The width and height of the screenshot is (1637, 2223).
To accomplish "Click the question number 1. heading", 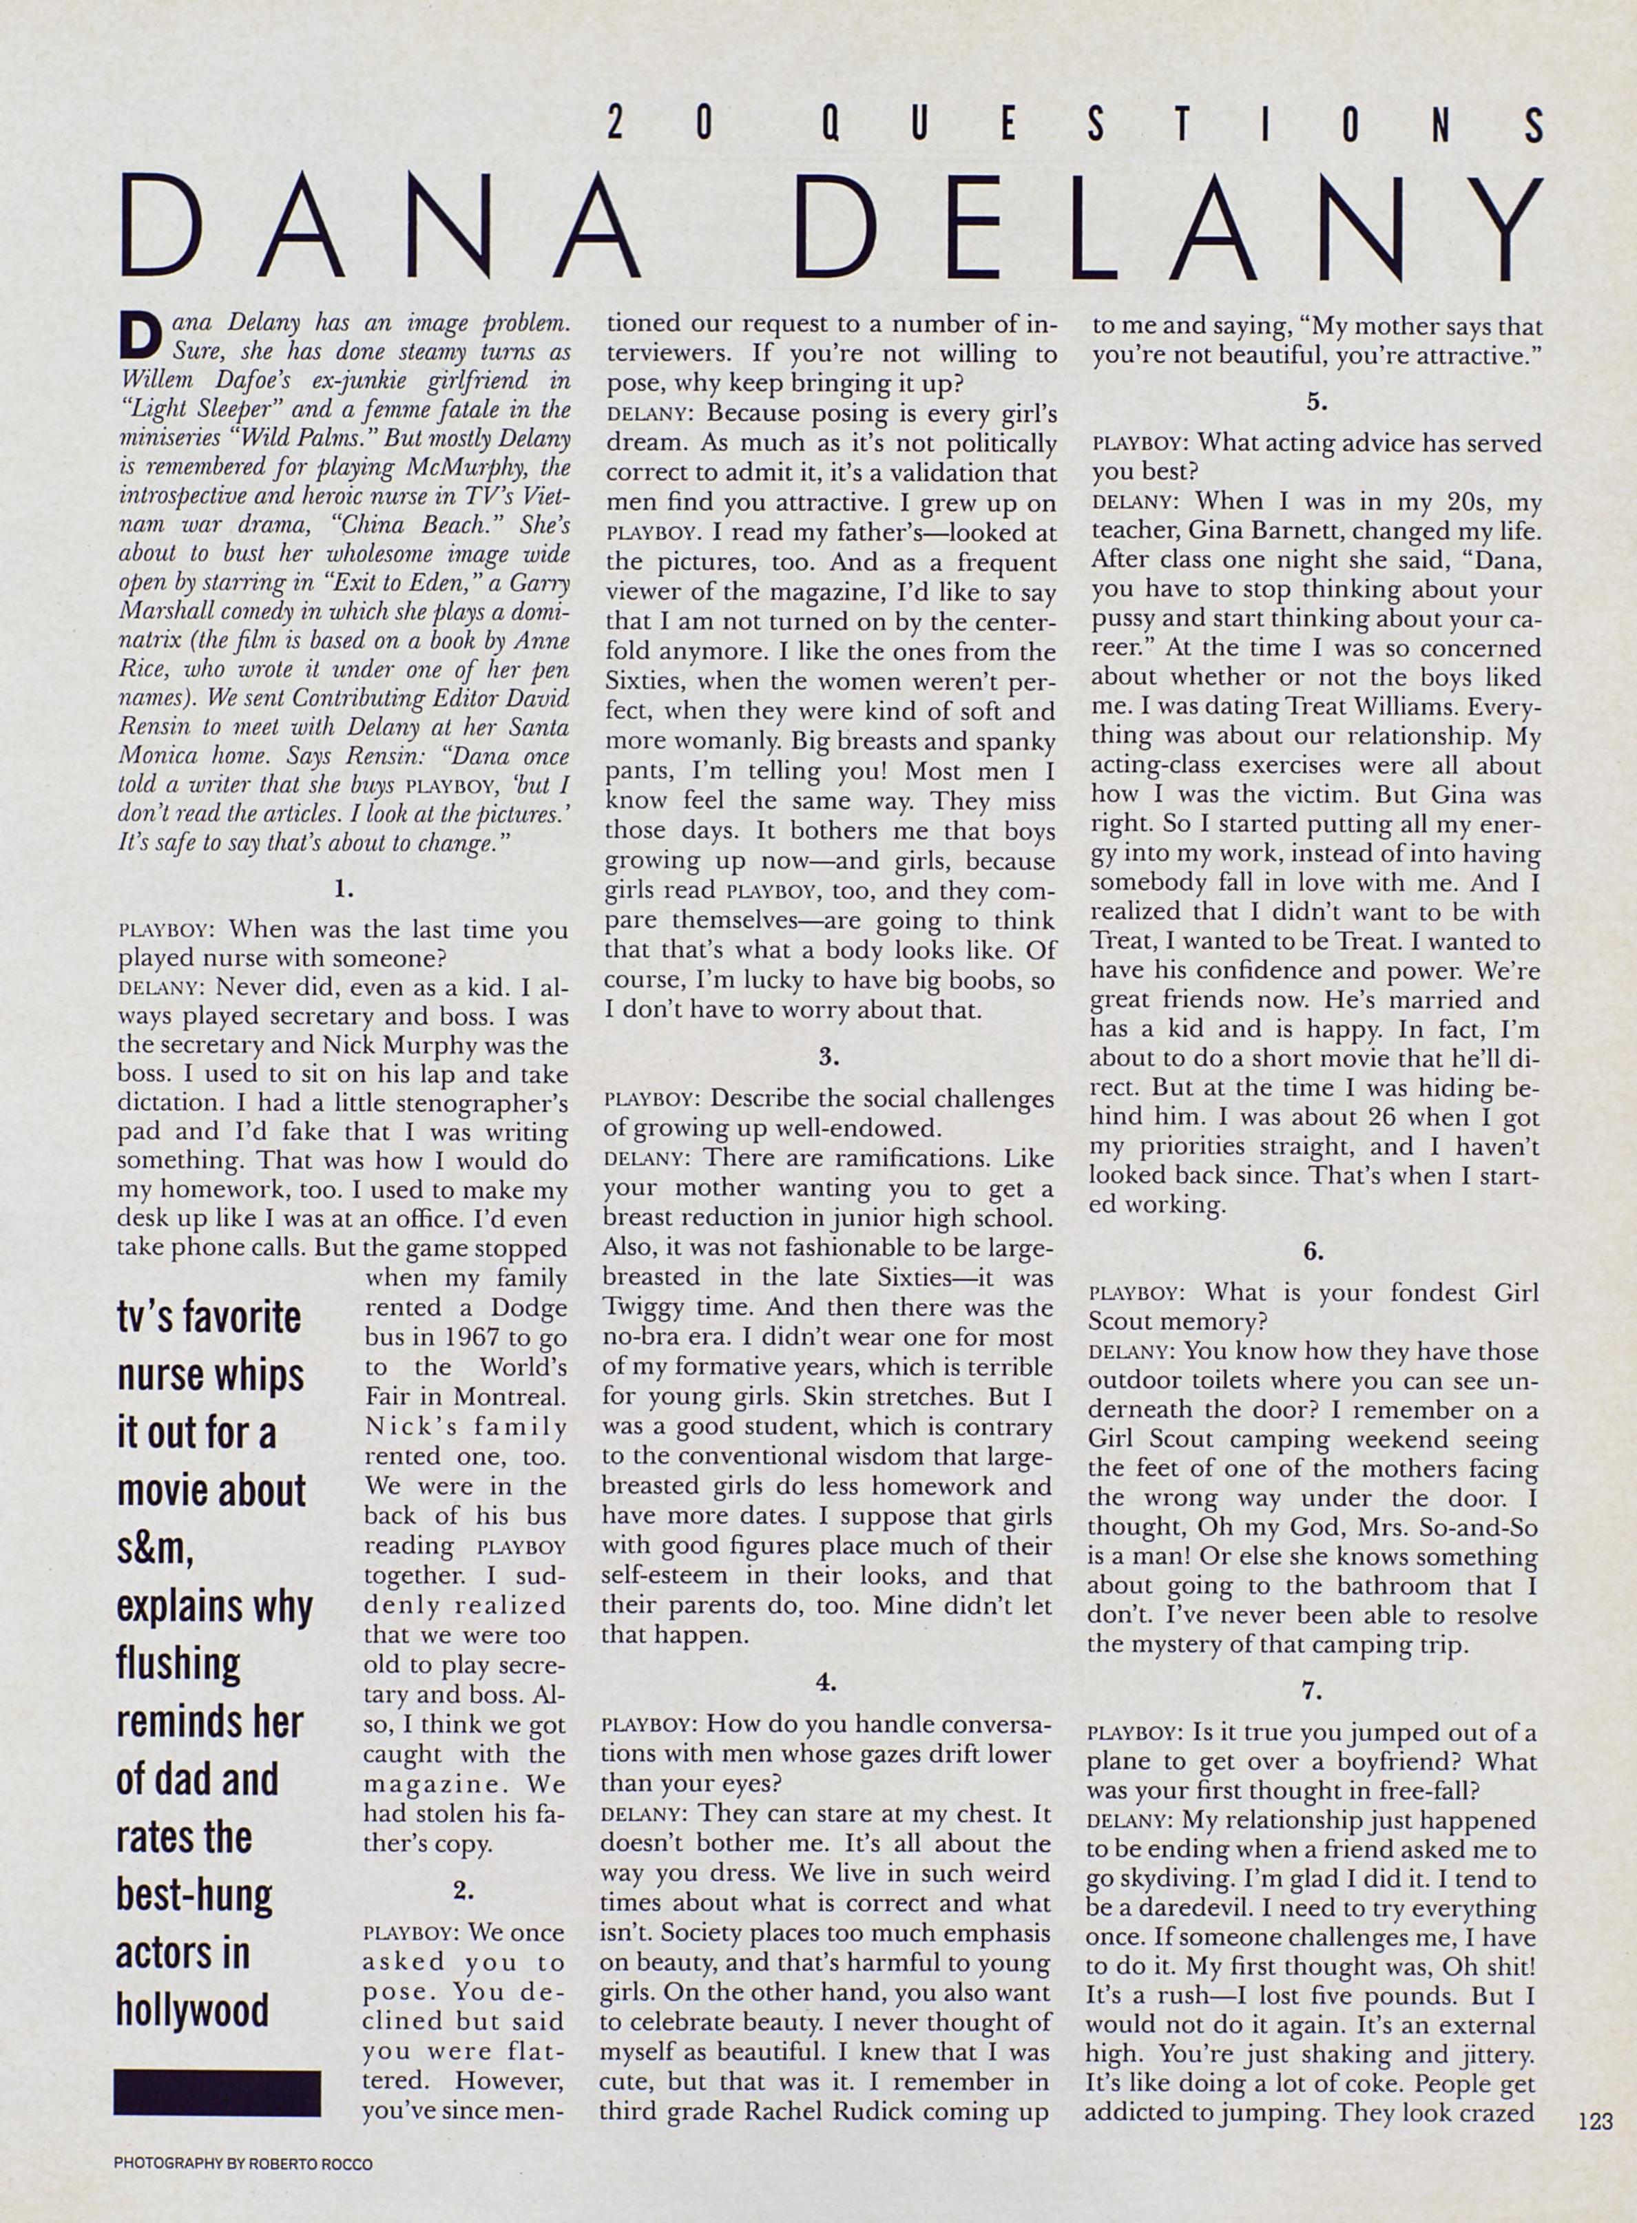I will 344,890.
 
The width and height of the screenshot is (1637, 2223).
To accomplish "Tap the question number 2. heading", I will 463,1890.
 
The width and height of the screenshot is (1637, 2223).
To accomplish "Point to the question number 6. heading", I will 1313,1251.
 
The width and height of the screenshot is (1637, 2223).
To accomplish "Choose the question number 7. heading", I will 1312,1692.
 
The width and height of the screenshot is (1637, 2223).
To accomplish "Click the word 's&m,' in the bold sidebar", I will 156,1550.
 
